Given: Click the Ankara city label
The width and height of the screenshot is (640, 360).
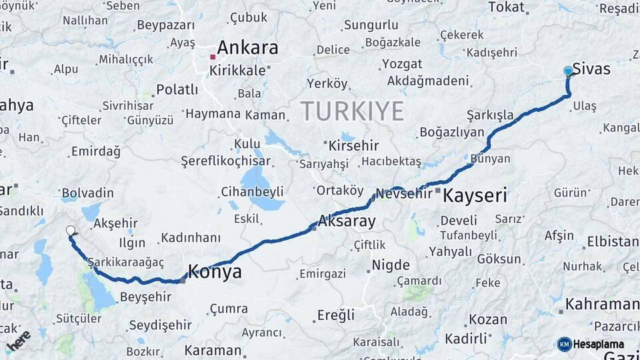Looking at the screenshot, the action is point(247,48).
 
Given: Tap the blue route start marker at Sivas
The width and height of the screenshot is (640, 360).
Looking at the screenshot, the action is point(568,71).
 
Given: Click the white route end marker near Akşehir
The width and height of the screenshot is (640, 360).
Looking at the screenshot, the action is point(71,231).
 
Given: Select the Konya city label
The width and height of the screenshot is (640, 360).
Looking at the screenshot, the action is point(215,272).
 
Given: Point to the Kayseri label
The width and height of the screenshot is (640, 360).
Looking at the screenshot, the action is point(475,196).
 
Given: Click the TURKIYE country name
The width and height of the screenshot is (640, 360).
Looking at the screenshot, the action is point(351,111).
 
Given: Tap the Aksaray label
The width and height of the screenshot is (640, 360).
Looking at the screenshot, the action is point(347,221).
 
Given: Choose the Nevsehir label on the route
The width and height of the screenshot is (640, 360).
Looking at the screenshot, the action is point(405,194).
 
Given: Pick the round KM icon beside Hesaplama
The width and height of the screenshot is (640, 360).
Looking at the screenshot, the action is point(564,344).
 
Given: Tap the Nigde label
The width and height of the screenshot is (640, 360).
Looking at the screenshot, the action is point(390,265).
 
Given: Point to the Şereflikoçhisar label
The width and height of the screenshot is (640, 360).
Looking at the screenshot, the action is point(225,161).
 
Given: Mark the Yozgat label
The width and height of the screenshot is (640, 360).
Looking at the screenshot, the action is point(402,64).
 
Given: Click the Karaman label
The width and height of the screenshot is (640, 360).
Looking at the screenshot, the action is point(213,351).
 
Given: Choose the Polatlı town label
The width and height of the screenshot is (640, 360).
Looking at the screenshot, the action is point(177,89).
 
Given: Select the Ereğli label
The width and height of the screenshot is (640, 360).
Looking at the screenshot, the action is point(335,315).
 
